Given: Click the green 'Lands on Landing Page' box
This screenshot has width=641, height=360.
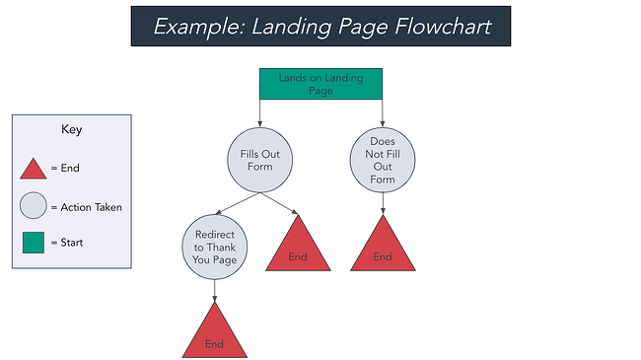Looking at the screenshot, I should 320,83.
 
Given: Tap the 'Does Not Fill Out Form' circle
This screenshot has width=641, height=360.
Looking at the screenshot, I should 383,160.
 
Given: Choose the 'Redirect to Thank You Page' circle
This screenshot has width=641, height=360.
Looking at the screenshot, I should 215,247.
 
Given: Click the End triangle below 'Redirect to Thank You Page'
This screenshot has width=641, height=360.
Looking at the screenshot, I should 215,334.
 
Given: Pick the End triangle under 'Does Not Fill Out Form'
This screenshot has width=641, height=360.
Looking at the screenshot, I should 383,246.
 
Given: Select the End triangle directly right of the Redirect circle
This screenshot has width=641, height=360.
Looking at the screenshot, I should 297,246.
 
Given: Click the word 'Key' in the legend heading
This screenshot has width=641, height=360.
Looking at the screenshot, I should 70,129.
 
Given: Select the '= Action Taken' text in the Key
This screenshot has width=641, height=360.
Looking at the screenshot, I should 91,207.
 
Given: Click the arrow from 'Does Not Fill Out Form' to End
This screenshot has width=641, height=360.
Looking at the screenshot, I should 383,202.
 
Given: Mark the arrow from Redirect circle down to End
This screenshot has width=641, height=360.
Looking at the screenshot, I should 215,290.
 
